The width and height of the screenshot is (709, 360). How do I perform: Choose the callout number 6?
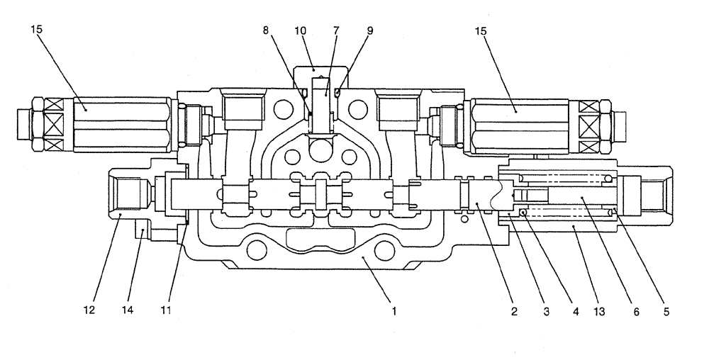636,310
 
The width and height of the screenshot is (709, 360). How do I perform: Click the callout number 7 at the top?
336,30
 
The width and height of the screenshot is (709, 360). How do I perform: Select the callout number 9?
369,30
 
